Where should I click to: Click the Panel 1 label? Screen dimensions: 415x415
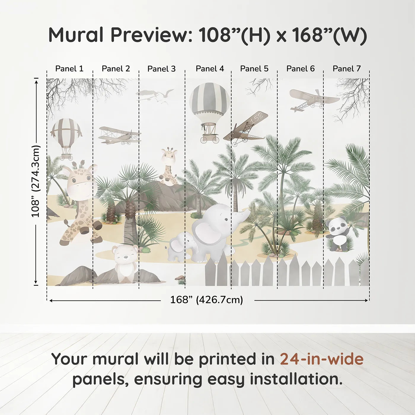[x=69, y=69]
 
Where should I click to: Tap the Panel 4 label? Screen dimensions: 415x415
[x=210, y=69]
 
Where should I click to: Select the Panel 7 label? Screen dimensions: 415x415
[x=347, y=69]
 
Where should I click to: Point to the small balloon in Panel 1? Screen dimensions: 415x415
[x=66, y=133]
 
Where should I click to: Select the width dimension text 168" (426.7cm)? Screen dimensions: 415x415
[x=207, y=300]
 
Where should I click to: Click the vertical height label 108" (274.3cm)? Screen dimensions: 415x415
[x=36, y=181]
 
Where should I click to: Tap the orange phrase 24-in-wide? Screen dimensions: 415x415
[x=322, y=359]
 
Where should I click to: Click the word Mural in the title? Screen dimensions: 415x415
[x=76, y=35]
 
